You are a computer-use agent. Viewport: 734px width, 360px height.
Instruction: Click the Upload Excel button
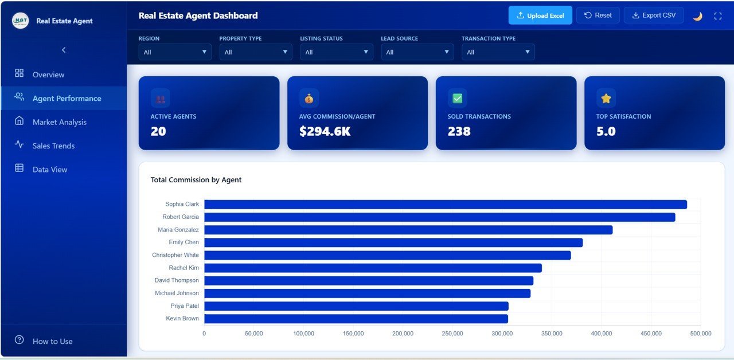(x=540, y=15)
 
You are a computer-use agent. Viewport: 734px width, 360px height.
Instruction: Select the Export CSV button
(x=653, y=15)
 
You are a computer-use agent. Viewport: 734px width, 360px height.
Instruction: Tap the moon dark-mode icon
(x=697, y=16)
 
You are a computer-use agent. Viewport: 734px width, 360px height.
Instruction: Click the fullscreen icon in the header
(x=717, y=16)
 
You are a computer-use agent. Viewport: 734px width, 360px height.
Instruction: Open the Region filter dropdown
(x=175, y=52)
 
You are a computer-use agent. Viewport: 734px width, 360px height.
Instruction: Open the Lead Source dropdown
(x=417, y=52)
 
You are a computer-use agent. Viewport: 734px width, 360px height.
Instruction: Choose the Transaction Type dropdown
(x=498, y=52)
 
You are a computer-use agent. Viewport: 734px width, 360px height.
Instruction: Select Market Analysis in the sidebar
(x=59, y=122)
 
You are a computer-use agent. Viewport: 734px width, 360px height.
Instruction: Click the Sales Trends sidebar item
(x=53, y=146)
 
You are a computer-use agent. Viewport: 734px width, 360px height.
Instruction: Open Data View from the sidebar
(x=50, y=170)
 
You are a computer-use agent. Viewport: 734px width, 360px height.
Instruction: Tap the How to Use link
(x=52, y=341)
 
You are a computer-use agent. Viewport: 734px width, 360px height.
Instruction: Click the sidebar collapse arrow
(x=64, y=50)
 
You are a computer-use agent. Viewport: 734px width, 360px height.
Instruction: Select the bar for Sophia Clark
(x=445, y=205)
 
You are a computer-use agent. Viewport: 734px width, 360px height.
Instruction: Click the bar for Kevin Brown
(x=356, y=319)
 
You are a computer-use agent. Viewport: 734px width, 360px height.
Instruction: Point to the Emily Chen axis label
(x=183, y=242)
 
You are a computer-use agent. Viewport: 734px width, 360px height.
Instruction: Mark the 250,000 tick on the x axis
(x=452, y=334)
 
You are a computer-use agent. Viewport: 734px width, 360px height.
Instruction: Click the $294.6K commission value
(x=325, y=131)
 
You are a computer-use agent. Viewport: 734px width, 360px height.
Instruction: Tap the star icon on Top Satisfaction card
(x=606, y=98)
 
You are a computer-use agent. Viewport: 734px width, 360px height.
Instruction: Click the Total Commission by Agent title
(x=196, y=180)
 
